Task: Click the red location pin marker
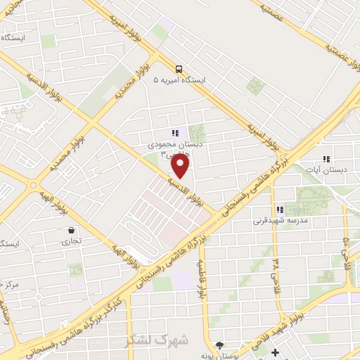click(181, 165)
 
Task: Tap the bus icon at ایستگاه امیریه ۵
click(180, 69)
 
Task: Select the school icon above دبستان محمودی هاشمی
click(175, 133)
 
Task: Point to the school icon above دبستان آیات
click(325, 160)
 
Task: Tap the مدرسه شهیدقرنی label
click(278, 220)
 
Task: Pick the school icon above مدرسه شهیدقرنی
click(280, 210)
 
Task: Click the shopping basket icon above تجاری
click(72, 231)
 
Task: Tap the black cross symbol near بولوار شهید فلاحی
click(274, 352)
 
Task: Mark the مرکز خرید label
click(11, 285)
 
